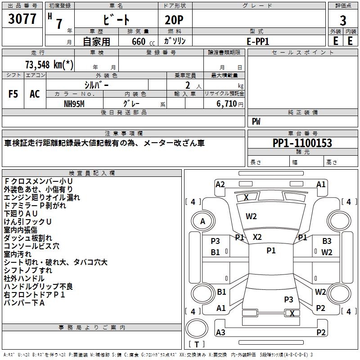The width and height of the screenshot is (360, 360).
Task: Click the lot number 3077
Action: click(x=22, y=19)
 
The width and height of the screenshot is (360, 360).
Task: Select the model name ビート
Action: click(x=117, y=20)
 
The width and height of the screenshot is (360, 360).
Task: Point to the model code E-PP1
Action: click(x=258, y=41)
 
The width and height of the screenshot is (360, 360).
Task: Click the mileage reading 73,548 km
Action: click(x=50, y=65)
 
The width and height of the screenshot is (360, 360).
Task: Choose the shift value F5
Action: click(x=13, y=94)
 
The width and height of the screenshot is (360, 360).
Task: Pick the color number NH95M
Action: click(x=75, y=103)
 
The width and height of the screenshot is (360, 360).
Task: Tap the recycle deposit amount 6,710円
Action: click(x=229, y=103)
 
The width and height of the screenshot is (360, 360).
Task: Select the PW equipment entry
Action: click(x=256, y=121)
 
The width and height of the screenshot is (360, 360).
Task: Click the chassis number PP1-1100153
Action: click(x=302, y=143)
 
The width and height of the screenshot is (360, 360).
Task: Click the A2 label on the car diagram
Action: click(x=220, y=184)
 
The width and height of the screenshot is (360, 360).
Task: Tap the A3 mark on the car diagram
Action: click(x=220, y=332)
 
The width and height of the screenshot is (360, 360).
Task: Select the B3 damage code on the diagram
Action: click(x=326, y=241)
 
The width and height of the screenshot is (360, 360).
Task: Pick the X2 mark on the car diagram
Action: click(x=257, y=237)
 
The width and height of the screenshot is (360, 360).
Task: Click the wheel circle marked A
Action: click(x=202, y=221)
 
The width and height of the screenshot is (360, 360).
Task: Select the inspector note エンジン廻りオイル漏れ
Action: click(x=42, y=197)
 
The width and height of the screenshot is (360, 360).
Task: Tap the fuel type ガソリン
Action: click(x=175, y=41)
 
